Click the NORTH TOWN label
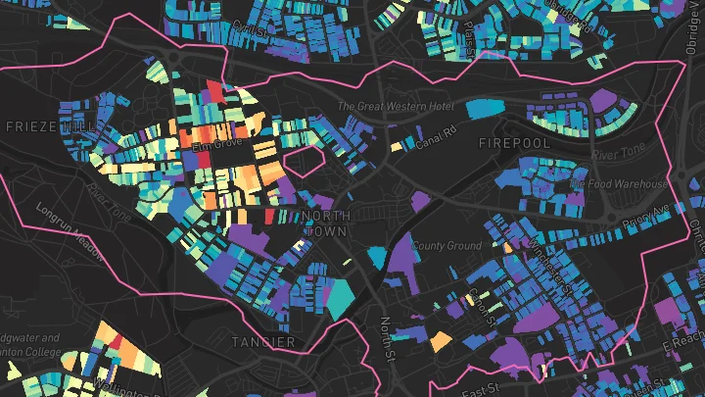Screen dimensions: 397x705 pos(326,223)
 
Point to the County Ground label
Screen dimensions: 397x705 pos(446,245)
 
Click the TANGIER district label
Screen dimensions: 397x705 pos(263,341)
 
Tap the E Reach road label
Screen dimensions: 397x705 pos(681,340)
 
